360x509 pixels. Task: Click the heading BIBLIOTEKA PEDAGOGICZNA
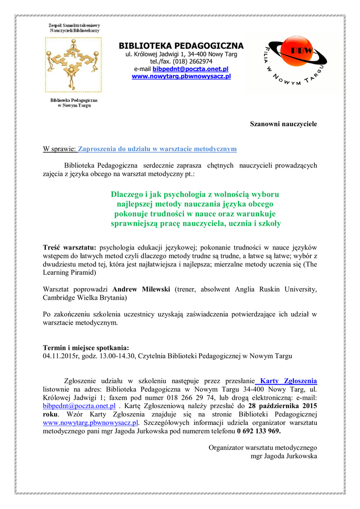(181, 46)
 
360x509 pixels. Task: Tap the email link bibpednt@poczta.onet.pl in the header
(190, 69)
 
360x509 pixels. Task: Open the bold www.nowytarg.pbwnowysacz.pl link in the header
(181, 76)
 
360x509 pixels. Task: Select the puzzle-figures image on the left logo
(73, 64)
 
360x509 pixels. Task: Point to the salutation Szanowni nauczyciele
(283, 123)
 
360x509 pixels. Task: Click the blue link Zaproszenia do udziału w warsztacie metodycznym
(158, 149)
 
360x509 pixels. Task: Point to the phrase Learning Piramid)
(70, 273)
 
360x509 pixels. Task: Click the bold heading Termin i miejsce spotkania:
(86, 347)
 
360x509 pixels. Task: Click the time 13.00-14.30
(115, 356)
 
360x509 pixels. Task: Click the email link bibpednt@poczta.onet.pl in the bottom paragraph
(79, 406)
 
